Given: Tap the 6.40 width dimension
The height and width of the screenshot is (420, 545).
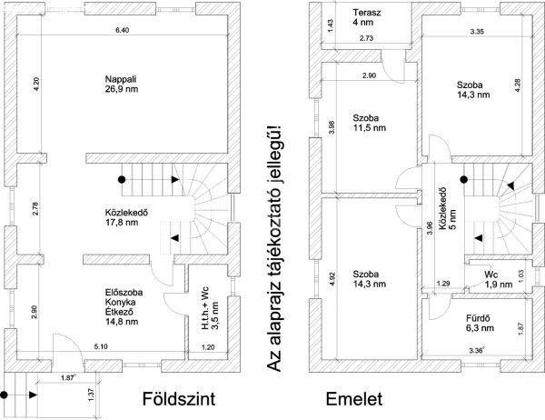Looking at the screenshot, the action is [x=122, y=30].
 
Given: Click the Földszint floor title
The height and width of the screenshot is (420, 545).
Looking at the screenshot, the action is [x=179, y=399].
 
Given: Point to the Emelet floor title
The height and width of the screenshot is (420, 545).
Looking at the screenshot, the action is [x=354, y=399].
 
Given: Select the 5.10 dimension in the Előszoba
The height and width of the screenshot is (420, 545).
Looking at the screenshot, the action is [x=101, y=346].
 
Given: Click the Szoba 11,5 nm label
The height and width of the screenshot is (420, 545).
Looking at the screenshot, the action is [x=369, y=123].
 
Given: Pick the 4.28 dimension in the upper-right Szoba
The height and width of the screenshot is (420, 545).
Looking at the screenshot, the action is [x=518, y=85].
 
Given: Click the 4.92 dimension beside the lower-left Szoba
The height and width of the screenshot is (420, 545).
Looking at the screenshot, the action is [x=332, y=279].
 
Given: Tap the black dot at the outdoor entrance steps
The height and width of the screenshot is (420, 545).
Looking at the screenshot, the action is [x=5, y=395].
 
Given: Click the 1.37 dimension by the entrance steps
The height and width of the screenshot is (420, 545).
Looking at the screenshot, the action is [x=93, y=395].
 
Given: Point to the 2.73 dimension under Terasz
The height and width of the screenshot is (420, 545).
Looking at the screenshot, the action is [x=366, y=38].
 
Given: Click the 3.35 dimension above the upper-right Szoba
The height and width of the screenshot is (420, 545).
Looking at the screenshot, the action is [x=477, y=32].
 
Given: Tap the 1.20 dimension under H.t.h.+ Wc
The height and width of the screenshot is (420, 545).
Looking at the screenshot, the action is [x=208, y=347].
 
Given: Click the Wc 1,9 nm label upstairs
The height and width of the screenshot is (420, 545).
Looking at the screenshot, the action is [x=499, y=279].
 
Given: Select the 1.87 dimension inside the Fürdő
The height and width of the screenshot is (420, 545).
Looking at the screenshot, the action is [x=520, y=328].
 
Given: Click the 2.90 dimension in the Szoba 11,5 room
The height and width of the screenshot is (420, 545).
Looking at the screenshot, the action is [x=369, y=75].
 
